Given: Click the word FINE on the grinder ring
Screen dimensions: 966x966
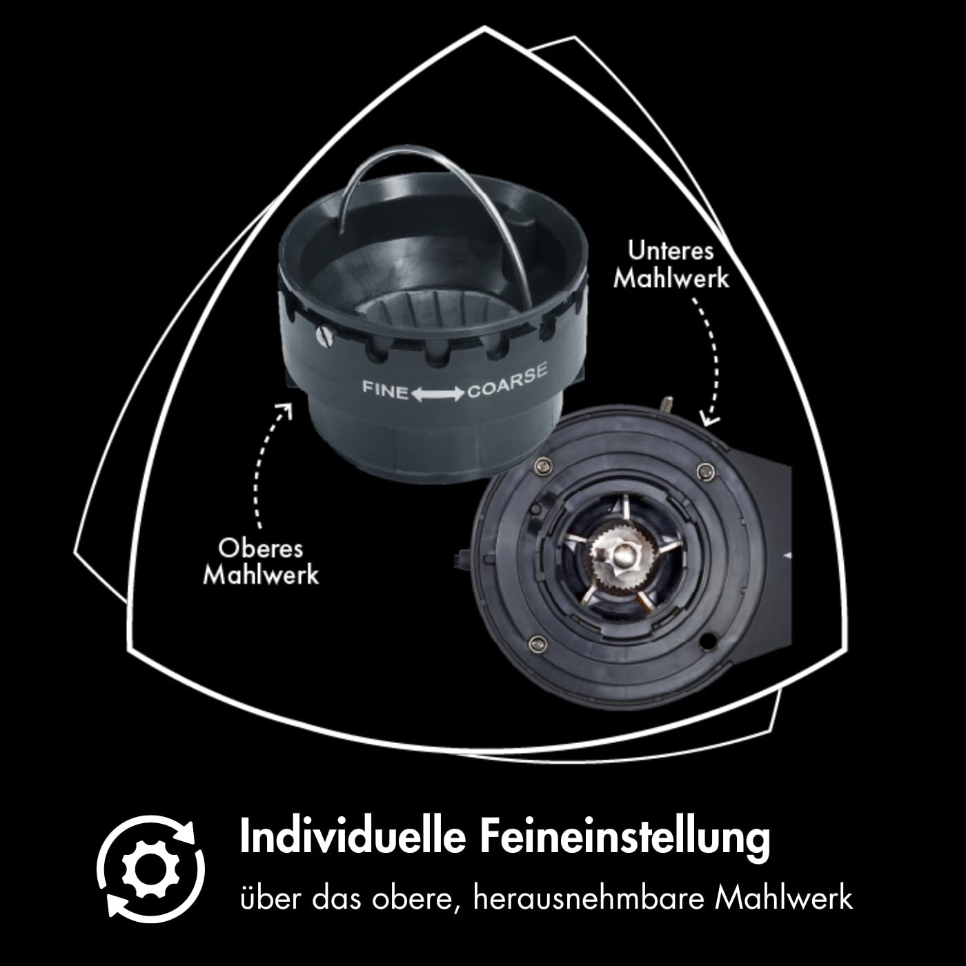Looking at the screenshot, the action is [385, 390].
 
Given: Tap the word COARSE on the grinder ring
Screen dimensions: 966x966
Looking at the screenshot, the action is [507, 382].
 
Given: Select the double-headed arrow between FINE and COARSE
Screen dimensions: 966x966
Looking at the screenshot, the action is [437, 395].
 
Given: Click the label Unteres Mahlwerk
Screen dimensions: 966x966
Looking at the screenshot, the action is [671, 265].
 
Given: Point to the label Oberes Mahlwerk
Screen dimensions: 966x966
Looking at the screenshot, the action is [261, 562].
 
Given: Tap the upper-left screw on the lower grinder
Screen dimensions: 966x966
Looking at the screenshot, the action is [544, 466].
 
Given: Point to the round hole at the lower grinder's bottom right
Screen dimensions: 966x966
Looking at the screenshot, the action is [709, 640].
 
